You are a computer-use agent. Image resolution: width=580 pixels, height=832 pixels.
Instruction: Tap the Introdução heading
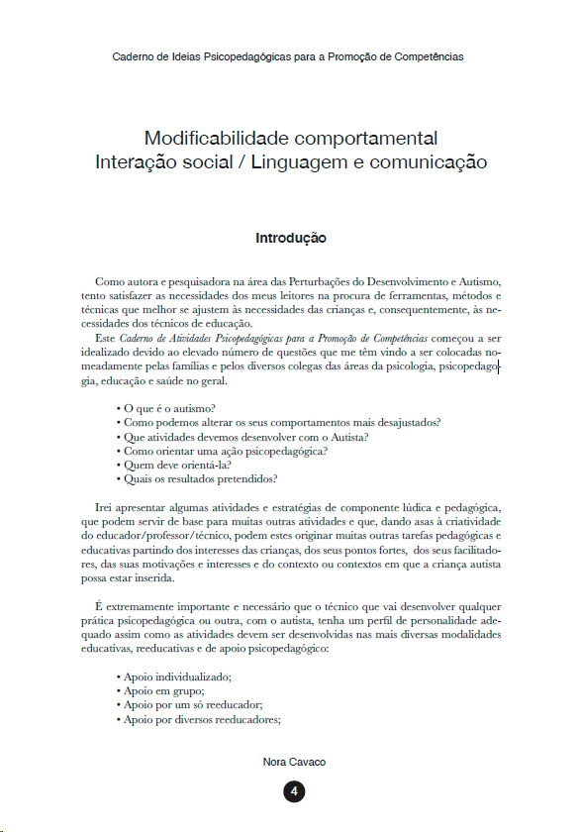[x=290, y=239]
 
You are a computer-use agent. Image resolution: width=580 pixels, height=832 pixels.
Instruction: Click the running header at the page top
[x=288, y=56]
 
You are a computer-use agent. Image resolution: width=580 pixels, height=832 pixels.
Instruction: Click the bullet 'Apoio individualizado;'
[x=174, y=677]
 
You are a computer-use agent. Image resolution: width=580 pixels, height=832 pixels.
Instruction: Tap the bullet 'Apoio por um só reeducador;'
[x=188, y=705]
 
